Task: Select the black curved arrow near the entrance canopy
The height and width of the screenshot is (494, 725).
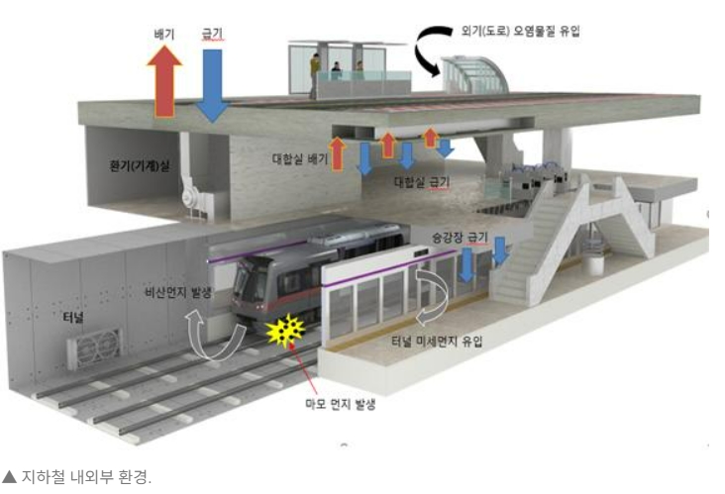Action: (x=437, y=49)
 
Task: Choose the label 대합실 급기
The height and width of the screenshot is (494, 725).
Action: (x=422, y=182)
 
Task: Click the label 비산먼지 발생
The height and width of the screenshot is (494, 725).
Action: (x=178, y=293)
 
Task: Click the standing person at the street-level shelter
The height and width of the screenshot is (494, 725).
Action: (x=315, y=73)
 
